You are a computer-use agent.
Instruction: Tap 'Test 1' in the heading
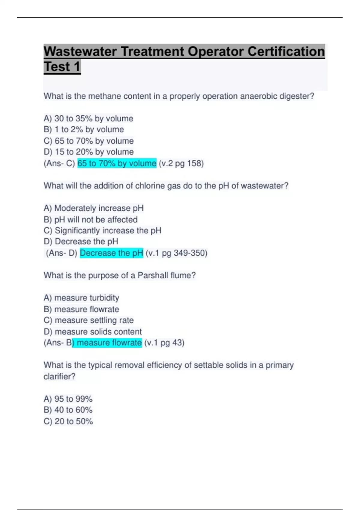(62, 67)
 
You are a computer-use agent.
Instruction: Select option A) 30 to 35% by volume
(88, 118)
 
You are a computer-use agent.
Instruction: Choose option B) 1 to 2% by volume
(84, 130)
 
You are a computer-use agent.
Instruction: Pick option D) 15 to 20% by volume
(88, 152)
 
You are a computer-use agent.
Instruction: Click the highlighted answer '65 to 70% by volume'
(117, 163)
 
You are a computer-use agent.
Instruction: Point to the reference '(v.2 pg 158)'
(181, 163)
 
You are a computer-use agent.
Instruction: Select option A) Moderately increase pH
(94, 208)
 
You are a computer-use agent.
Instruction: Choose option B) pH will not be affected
(91, 220)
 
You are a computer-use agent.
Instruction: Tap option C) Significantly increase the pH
(102, 230)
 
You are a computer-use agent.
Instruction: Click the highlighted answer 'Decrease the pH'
(111, 253)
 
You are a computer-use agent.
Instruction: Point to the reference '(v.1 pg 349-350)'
(176, 253)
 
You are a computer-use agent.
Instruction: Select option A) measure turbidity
(81, 298)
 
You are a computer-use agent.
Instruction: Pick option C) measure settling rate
(88, 320)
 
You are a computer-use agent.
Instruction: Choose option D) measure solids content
(93, 331)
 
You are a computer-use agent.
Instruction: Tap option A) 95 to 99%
(68, 399)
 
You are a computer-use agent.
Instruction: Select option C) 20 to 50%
(68, 421)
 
